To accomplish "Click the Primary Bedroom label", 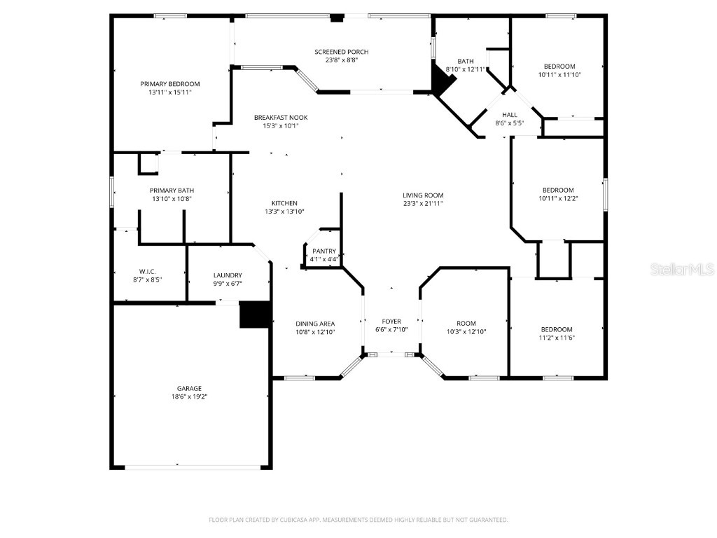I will pos(169,84).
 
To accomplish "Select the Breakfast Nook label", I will pos(280,117).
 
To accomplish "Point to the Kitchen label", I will pos(280,203).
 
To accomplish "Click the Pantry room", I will pos(324,251).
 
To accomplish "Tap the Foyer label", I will pos(391,322).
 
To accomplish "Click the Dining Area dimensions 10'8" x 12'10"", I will pos(315,332).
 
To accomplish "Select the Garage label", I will pos(189,388).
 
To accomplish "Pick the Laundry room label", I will pos(228,275).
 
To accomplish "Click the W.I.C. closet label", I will pos(146,271).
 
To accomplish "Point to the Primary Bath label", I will pos(172,190).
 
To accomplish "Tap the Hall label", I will pos(509,115).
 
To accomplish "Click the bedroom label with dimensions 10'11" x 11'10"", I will pos(559,67).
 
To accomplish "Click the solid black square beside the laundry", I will pos(255,315).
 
